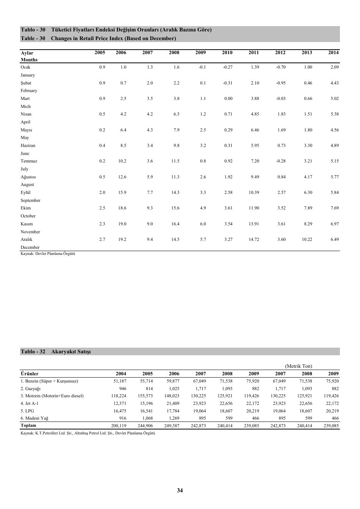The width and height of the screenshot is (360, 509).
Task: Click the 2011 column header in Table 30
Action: point(254,53)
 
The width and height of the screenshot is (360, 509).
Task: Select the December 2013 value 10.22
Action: point(307,239)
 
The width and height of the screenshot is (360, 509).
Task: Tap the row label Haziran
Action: point(28,145)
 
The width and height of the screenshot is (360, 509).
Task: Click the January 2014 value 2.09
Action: point(334,67)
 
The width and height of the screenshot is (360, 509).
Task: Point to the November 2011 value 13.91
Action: point(254,224)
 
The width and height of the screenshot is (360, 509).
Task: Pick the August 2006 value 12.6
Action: point(122,177)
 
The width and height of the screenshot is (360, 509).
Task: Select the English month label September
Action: point(30,200)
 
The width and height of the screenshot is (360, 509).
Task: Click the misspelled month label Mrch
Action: point(26,106)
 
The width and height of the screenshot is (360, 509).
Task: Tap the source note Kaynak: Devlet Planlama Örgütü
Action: point(48,254)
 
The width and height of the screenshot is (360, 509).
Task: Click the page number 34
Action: point(180,490)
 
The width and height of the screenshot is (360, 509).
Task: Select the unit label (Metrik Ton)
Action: point(299,366)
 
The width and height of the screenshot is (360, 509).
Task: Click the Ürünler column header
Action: point(30,374)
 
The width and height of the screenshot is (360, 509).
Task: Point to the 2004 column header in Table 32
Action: point(121,374)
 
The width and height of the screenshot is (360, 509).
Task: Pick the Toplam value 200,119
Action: point(119,426)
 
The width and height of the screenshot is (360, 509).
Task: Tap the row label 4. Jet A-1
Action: point(30,403)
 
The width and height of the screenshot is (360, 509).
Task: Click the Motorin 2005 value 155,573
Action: point(145,396)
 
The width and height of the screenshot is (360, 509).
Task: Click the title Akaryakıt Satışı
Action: point(71,351)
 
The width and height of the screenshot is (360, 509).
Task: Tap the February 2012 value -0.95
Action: point(280,83)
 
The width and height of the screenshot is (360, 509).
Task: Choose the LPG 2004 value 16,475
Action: point(120,411)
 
